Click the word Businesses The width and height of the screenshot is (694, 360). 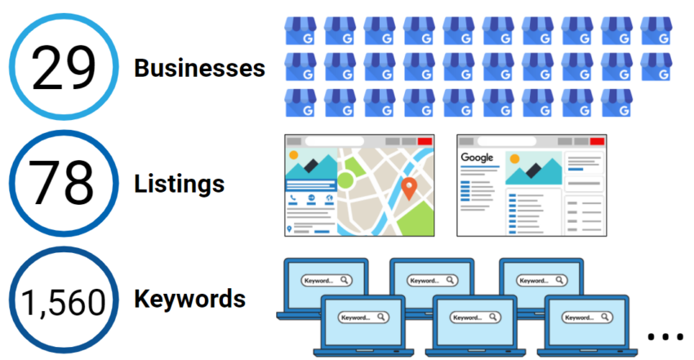click(x=200, y=69)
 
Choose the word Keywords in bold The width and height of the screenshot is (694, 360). click(x=189, y=300)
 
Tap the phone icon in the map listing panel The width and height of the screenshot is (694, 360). click(x=293, y=198)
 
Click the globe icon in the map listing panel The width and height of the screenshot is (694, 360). click(x=329, y=198)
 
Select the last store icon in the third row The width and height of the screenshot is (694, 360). click(x=617, y=102)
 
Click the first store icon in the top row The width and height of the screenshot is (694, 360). click(x=300, y=31)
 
